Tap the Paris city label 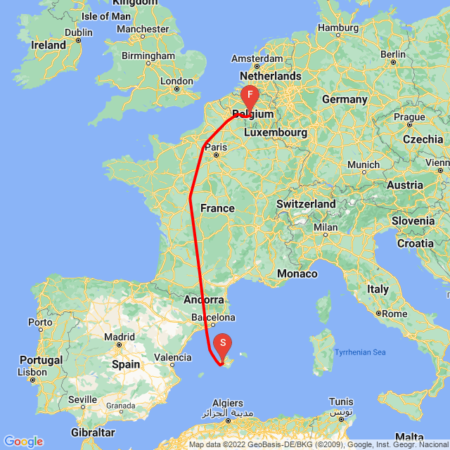click(x=217, y=147)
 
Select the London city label click(x=176, y=81)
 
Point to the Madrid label click(x=119, y=337)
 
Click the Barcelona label click(x=214, y=318)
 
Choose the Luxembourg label click(x=276, y=132)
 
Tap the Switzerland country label click(x=306, y=204)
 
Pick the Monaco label click(x=298, y=273)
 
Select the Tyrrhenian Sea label click(x=360, y=352)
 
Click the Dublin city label click(x=78, y=32)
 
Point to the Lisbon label click(x=33, y=371)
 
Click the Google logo click(x=23, y=442)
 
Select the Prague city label click(x=409, y=116)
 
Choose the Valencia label click(x=172, y=357)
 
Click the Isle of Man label click(x=106, y=16)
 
